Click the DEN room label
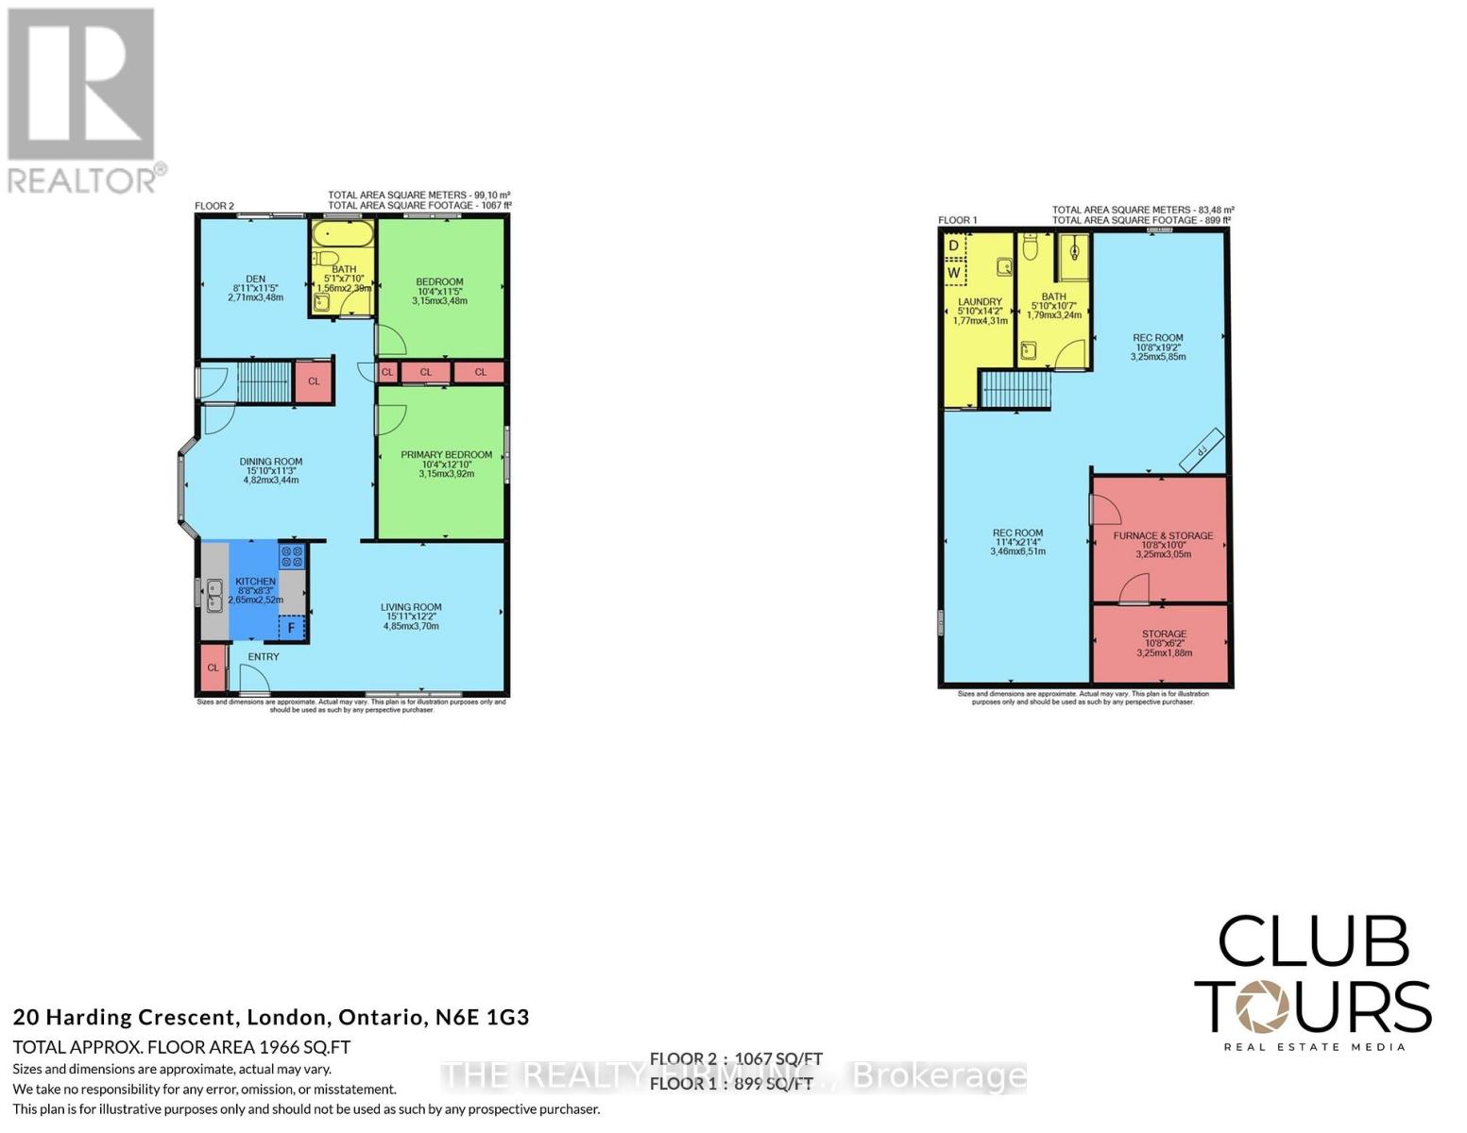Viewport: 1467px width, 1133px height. coord(255,279)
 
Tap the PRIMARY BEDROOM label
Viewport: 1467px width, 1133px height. coord(446,455)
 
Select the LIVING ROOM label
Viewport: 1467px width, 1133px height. coord(411,608)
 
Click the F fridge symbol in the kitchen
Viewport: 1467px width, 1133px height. coord(292,628)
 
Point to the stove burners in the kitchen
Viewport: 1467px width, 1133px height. coord(292,556)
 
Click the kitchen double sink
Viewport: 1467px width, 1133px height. coord(214,595)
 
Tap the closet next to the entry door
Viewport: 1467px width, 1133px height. coord(213,668)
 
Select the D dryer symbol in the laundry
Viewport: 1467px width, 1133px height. coord(954,245)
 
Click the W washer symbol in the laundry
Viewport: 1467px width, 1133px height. coord(954,273)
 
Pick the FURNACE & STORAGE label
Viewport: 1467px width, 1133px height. coord(1163,536)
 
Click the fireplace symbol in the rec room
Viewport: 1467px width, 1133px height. coord(1202,450)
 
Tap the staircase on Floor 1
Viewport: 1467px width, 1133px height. coord(1015,389)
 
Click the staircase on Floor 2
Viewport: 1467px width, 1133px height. coord(263,382)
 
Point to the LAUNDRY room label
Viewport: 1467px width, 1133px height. coord(980,302)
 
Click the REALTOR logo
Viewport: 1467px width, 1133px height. coord(83,99)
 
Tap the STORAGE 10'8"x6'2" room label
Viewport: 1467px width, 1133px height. coord(1164,634)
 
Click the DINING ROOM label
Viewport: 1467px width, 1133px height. coord(270,463)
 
